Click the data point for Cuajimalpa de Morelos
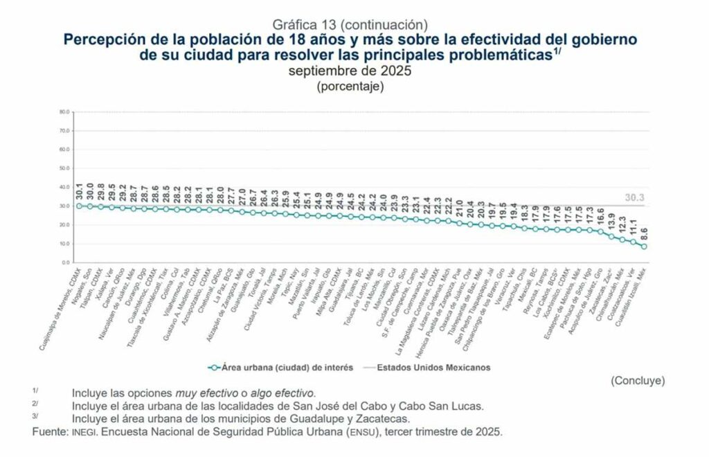[x=79, y=206]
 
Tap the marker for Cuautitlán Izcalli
[x=645, y=247]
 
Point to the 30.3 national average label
[x=634, y=197]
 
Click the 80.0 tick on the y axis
[x=65, y=111]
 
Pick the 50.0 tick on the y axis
[x=65, y=168]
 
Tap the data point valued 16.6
[x=601, y=231]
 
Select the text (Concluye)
[x=638, y=381]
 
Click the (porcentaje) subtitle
[x=350, y=87]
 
